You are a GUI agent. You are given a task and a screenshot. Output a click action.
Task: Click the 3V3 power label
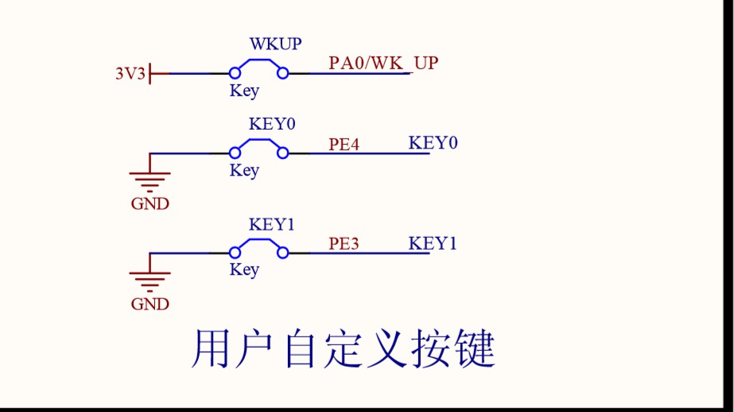point(130,74)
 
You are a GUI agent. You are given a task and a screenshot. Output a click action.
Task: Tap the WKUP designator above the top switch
point(275,44)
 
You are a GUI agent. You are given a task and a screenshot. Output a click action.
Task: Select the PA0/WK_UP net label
point(383,63)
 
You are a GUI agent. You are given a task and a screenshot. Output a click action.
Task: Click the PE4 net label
point(344,145)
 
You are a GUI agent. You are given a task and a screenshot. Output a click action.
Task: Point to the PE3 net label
point(344,243)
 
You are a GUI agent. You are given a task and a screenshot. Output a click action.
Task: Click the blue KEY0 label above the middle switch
point(272,125)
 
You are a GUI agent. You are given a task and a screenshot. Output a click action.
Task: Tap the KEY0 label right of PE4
point(433,143)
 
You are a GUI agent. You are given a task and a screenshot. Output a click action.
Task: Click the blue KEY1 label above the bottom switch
point(272,224)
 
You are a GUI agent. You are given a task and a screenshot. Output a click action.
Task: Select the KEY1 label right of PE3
point(433,243)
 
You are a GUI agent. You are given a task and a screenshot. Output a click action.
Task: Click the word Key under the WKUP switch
point(244,91)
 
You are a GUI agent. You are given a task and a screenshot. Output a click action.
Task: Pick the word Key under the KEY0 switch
point(244,170)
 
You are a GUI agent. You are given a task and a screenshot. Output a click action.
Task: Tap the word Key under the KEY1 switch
point(244,270)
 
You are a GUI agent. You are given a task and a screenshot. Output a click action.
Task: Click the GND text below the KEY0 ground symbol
point(150,204)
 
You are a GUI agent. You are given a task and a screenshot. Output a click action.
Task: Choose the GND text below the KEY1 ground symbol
point(150,304)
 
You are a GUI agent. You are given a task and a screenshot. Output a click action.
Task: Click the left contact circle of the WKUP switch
point(235,74)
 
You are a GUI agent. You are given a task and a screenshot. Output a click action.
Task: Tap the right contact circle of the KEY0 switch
point(282,153)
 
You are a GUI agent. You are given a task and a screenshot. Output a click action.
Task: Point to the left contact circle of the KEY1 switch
point(235,252)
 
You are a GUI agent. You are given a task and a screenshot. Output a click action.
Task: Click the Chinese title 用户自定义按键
point(344,350)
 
